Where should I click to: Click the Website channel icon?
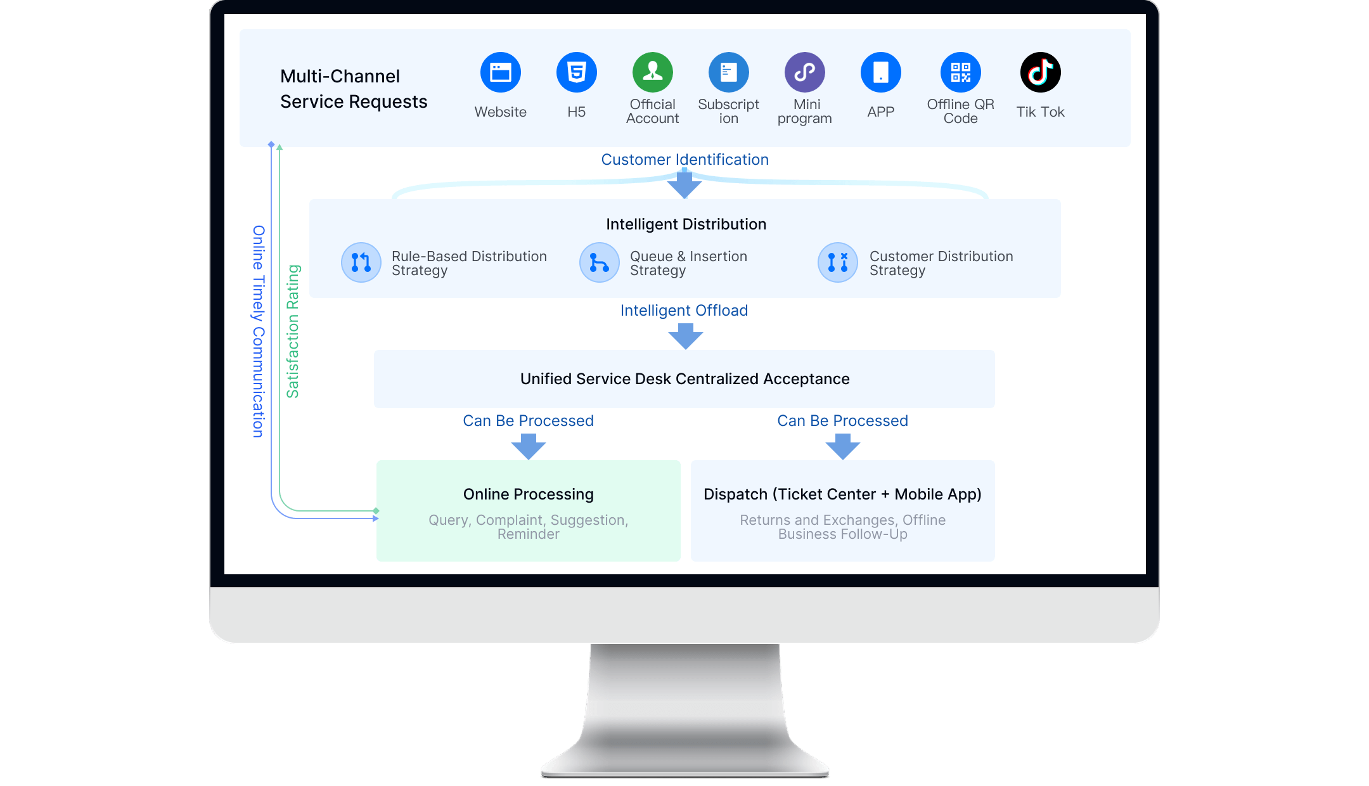(x=500, y=72)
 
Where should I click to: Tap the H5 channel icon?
(x=576, y=72)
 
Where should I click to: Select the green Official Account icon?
(x=652, y=72)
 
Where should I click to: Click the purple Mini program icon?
(x=804, y=72)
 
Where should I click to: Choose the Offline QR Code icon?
(x=960, y=72)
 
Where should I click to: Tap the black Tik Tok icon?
(x=1040, y=72)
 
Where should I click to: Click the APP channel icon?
(x=880, y=72)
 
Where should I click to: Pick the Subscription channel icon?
(x=728, y=72)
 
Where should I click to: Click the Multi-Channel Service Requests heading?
(x=354, y=89)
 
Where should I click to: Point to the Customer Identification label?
(x=684, y=160)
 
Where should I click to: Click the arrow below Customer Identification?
(x=684, y=185)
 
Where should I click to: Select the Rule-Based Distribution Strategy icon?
(x=361, y=262)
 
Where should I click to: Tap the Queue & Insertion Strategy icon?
(x=600, y=262)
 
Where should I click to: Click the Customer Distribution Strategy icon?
(x=838, y=262)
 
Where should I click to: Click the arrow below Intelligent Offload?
(x=685, y=336)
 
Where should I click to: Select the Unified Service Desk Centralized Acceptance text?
(x=684, y=379)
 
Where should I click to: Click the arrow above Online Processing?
(x=528, y=446)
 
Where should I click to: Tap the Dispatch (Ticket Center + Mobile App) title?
(x=842, y=494)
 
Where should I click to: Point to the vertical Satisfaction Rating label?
(x=293, y=331)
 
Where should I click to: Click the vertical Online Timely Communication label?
(x=258, y=331)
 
